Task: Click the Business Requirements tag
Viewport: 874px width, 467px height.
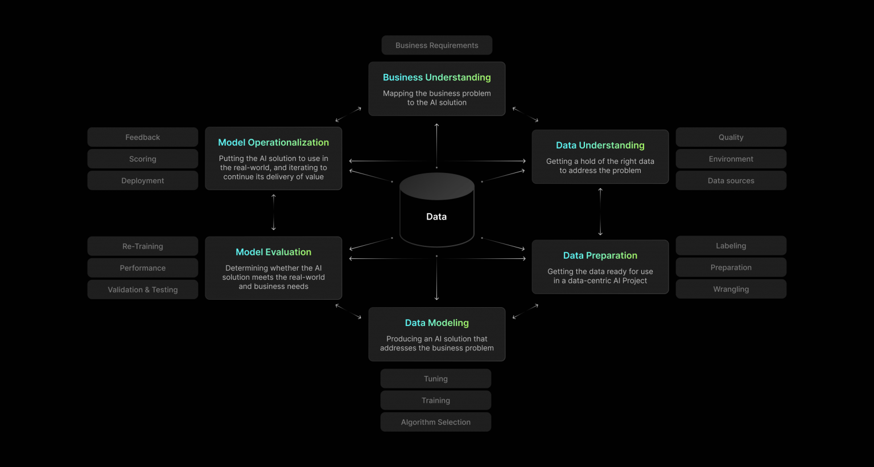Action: click(436, 46)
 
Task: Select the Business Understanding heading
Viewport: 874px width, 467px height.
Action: click(436, 77)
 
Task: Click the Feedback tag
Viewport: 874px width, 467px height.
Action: click(142, 137)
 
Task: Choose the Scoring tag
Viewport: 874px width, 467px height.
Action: click(142, 159)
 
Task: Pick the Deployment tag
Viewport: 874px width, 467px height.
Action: click(142, 181)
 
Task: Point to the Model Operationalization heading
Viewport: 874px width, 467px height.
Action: click(273, 142)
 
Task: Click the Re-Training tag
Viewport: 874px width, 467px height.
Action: click(142, 246)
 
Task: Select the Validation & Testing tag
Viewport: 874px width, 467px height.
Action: click(142, 290)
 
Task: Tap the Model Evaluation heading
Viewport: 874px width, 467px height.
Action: click(273, 252)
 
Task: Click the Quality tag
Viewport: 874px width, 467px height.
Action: click(731, 137)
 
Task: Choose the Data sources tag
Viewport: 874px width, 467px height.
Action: click(731, 181)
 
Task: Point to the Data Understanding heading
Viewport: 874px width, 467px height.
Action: click(600, 145)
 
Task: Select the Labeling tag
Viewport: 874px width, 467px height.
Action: click(731, 246)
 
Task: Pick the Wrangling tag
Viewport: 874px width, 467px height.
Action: click(731, 289)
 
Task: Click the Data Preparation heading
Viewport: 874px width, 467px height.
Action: click(600, 255)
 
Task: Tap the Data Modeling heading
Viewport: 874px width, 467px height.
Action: click(436, 323)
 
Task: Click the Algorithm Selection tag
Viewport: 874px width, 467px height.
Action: click(435, 422)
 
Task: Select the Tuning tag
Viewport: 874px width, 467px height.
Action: click(435, 379)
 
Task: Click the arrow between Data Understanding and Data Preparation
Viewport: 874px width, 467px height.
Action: click(600, 212)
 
